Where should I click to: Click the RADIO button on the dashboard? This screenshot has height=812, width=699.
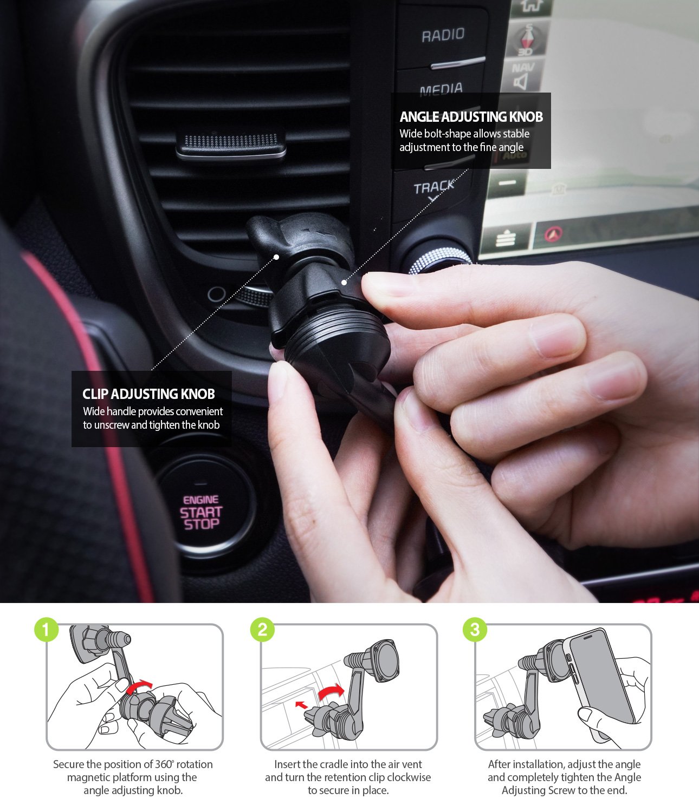443,36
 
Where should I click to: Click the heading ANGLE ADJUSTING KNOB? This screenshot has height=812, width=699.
471,117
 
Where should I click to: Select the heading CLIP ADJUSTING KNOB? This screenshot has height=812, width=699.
148,394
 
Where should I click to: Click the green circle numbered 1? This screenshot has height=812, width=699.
46,630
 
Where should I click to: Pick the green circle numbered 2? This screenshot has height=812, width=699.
262,630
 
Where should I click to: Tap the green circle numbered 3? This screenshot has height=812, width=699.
475,630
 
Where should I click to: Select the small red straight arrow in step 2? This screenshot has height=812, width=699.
301,704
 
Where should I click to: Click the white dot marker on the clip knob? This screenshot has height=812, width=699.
276,257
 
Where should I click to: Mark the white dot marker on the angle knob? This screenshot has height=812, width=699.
344,282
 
